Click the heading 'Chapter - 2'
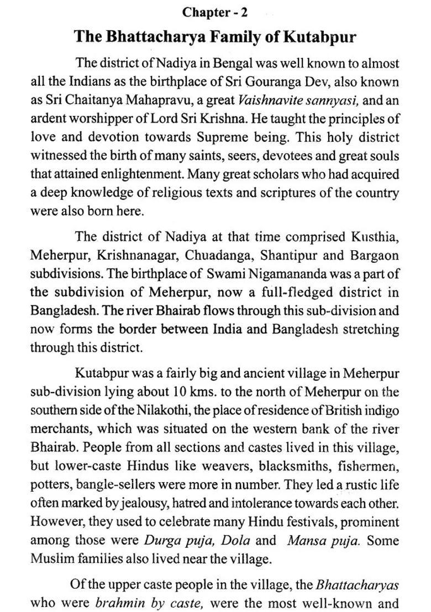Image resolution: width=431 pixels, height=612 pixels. click(215, 12)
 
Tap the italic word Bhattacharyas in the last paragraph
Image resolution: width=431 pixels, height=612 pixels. click(357, 584)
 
